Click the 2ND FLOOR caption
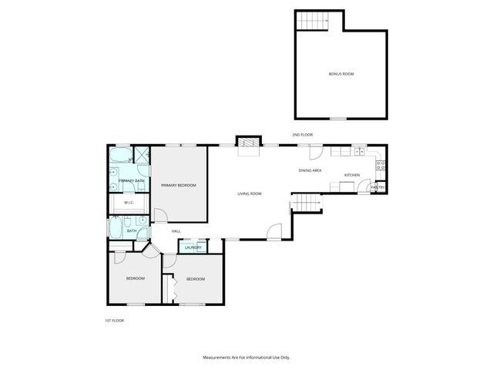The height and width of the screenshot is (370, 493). pos(302,135)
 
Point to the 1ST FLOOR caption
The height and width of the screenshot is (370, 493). pos(114,320)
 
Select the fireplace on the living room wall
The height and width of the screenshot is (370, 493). pos(248,144)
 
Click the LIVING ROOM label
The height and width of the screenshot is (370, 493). pos(250,193)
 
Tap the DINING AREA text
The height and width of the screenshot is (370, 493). pos(310,170)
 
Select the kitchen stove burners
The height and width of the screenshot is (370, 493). pos(381,164)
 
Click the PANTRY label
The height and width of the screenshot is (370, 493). pos(377,187)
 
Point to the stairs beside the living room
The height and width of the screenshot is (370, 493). pos(306,203)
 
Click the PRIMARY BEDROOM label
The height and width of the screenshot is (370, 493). pos(178,186)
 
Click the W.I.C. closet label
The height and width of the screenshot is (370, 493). pos(129,203)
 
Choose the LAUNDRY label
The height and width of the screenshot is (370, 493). pos(193,247)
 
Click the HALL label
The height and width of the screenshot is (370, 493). pos(176,230)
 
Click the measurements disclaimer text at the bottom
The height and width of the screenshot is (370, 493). pos(246,358)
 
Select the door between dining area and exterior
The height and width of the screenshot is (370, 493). pos(315,152)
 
